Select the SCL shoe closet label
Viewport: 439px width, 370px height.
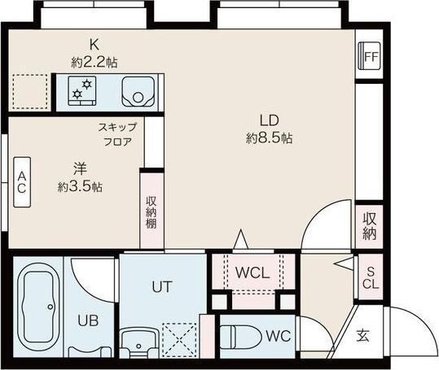370,277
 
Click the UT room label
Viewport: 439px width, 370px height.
160,286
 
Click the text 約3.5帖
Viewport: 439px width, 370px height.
80,186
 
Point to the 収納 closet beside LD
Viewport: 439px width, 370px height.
370,225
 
